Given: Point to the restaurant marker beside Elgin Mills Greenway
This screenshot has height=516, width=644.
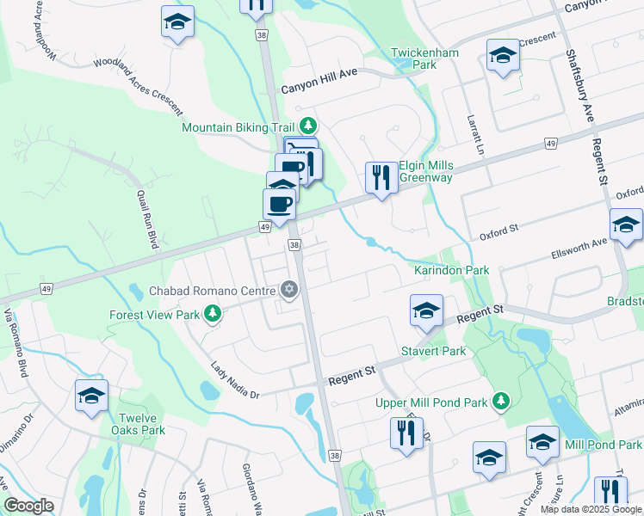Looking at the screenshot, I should [380, 177].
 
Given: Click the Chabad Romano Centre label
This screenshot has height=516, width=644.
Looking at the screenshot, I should [215, 291].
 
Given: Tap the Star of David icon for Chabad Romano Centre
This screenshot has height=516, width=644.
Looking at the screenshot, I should [289, 291].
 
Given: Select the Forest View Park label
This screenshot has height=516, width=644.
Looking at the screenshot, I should [153, 315].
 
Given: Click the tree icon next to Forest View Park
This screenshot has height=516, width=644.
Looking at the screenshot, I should [211, 315].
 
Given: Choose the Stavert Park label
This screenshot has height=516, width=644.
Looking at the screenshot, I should [433, 351].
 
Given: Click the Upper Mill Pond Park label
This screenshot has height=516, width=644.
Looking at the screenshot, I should [430, 402].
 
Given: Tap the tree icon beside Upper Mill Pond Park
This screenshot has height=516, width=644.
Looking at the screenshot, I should [499, 402].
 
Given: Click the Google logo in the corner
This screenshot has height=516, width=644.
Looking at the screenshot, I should [28, 506].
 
